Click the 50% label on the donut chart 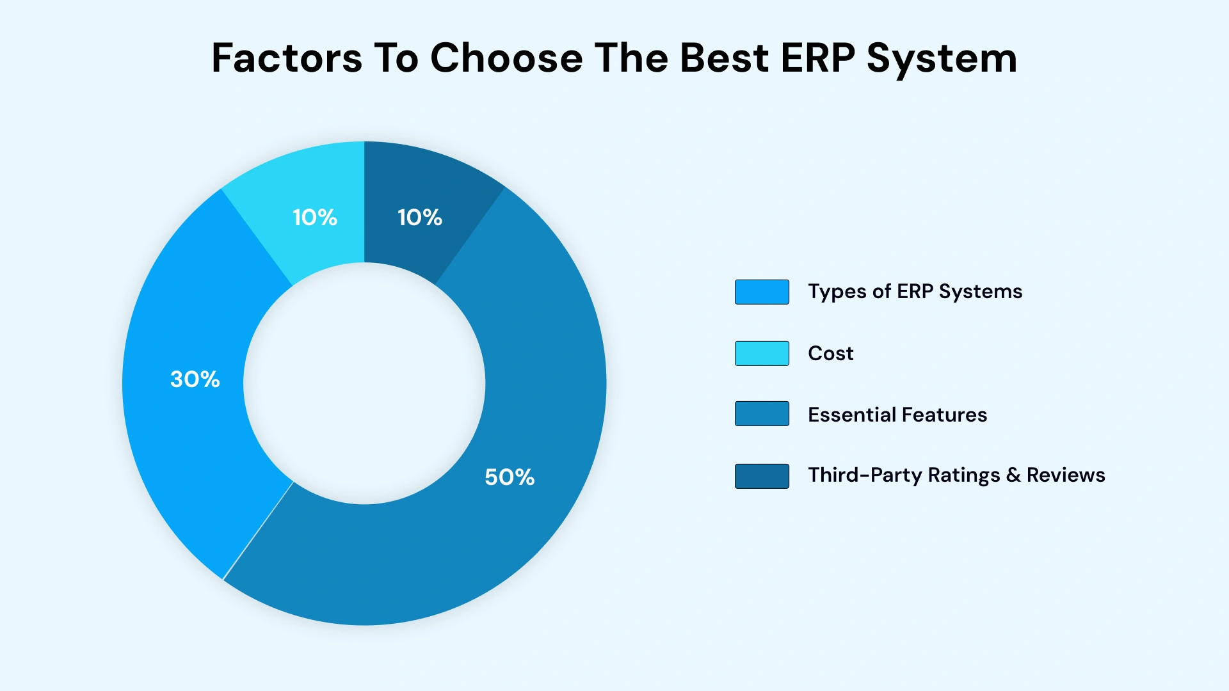point(510,477)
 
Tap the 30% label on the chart point(195,379)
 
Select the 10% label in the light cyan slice point(315,218)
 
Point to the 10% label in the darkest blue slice point(420,218)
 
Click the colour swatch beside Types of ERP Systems point(762,292)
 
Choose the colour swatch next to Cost point(762,353)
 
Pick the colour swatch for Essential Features point(762,414)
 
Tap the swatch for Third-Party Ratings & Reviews point(762,476)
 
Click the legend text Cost point(830,353)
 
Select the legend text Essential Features point(897,415)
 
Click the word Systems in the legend point(980,292)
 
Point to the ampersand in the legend point(1013,475)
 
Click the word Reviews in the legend point(1066,475)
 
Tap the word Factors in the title point(287,58)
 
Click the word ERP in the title point(818,58)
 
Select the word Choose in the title point(506,58)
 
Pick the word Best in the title point(724,58)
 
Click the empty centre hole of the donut point(364,383)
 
